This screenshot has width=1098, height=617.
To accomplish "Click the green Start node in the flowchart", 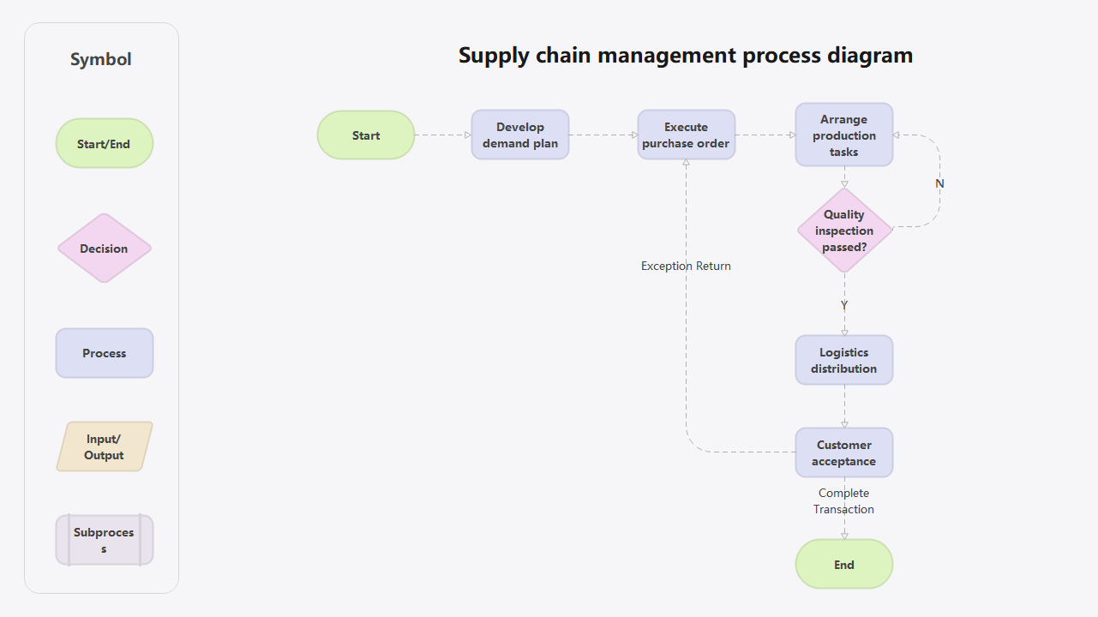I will click(366, 135).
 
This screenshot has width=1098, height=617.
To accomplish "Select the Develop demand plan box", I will click(520, 135).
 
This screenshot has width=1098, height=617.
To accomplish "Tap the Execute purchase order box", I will click(686, 135).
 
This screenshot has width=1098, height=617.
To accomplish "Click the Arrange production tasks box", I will click(843, 135).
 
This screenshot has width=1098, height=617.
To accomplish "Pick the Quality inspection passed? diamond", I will click(844, 231).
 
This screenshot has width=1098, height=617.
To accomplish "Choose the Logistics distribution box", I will click(843, 360).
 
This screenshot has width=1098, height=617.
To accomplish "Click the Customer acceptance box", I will click(843, 452).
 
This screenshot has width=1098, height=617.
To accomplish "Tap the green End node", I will click(843, 565).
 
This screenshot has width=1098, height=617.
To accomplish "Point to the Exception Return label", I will click(686, 266).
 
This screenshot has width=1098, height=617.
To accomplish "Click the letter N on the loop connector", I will click(939, 183).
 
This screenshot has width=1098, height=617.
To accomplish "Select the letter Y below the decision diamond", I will click(844, 305).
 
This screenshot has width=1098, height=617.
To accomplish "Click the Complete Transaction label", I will click(843, 501).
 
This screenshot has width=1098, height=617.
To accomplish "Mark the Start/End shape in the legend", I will click(104, 144).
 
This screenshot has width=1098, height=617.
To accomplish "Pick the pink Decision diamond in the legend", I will click(104, 249).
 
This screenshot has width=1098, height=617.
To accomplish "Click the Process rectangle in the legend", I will click(104, 353).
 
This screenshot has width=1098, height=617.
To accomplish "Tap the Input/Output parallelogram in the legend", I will click(104, 446).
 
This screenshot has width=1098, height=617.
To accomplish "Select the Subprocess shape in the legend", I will click(104, 540).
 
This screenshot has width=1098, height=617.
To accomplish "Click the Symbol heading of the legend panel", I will click(101, 60).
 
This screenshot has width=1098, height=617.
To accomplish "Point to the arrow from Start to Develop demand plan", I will click(443, 135).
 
